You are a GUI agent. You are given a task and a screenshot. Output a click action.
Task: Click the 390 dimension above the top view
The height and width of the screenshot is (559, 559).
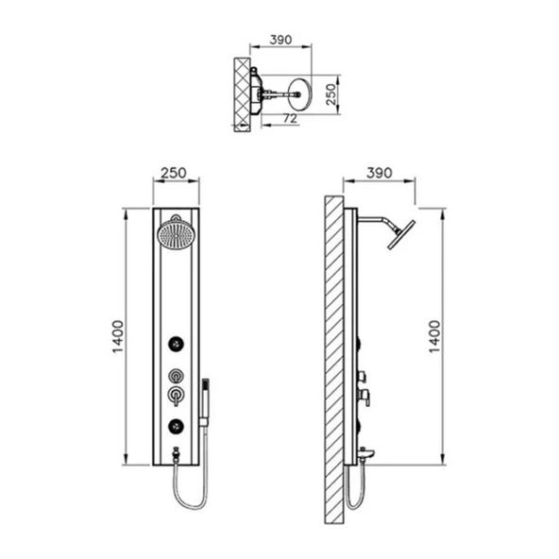tap(281, 40)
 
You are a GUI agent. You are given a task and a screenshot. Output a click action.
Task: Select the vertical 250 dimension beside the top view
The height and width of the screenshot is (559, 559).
tap(331, 94)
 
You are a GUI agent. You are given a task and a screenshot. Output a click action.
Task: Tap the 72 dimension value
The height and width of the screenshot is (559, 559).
tap(290, 118)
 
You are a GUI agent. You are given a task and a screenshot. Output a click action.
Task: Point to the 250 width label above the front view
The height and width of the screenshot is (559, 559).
tap(174, 173)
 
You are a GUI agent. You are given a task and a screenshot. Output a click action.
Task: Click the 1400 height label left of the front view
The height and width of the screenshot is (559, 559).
tap(118, 336)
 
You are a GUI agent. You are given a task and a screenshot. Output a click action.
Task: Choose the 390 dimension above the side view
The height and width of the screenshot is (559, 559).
tap(380, 173)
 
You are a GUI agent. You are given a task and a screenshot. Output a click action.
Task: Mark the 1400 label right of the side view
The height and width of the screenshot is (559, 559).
tap(434, 336)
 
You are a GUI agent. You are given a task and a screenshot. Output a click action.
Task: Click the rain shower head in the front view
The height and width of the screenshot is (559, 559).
tap(177, 234)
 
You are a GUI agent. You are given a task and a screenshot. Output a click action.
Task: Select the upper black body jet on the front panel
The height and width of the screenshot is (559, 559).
tap(177, 344)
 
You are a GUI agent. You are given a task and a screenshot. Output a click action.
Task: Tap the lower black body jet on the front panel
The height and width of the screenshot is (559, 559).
tap(177, 426)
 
